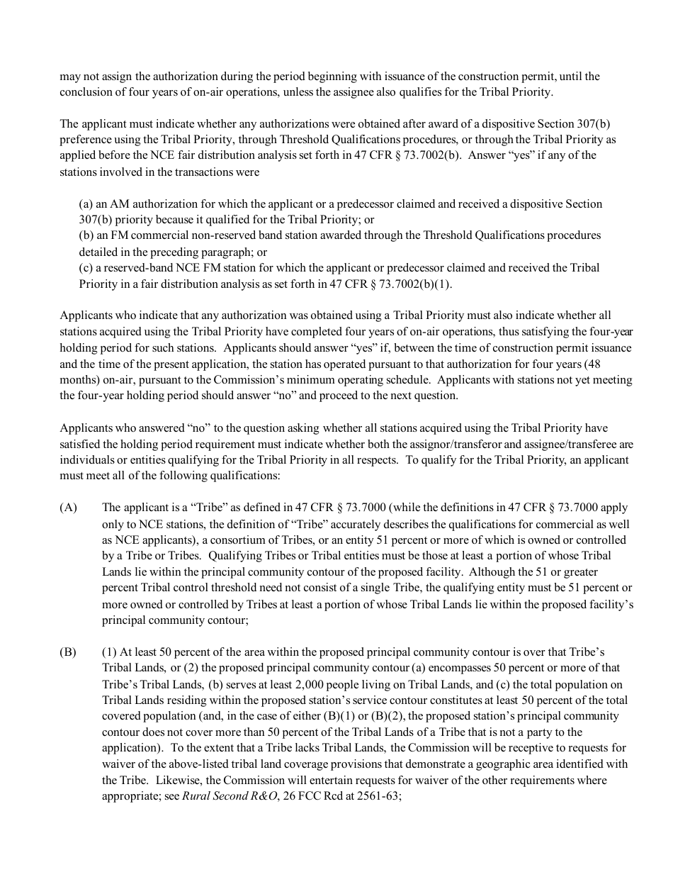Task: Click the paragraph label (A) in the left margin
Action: pos(69,508)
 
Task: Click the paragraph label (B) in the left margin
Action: pos(68,652)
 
